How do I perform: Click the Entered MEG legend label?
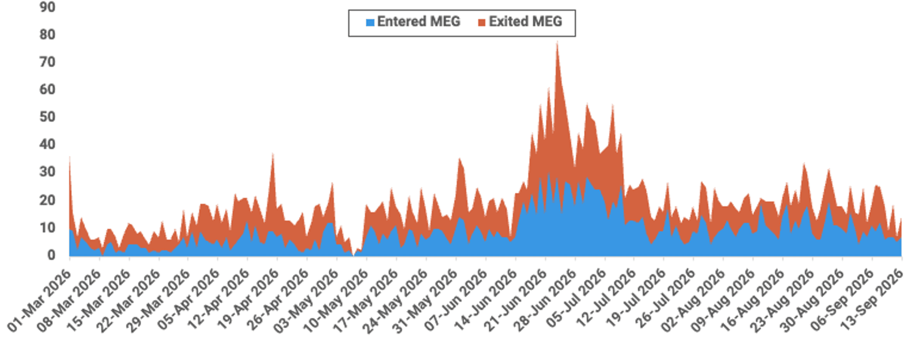point(419,21)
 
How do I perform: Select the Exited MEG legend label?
point(525,21)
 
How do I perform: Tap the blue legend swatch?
point(370,23)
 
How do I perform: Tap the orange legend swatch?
point(482,23)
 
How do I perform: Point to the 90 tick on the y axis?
point(47,7)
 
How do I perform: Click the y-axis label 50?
point(47,117)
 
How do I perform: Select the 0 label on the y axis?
point(51,255)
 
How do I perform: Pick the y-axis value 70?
point(47,62)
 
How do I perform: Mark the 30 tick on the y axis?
point(47,172)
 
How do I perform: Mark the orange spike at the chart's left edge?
point(70,158)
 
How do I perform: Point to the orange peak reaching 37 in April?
point(272,154)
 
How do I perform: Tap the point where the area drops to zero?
point(354,255)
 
